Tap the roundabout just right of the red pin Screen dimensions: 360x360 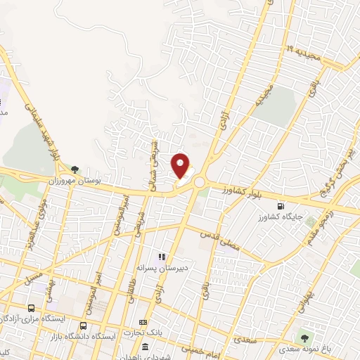click(x=199, y=182)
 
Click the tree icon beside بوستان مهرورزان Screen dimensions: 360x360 click(x=75, y=169)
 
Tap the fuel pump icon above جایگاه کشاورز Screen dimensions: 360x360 click(x=282, y=206)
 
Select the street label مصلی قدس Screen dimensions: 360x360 click(x=220, y=238)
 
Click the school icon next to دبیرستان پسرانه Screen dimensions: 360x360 click(x=161, y=257)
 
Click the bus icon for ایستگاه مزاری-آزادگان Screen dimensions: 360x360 click(x=31, y=308)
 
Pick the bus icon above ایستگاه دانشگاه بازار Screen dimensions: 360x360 click(x=84, y=326)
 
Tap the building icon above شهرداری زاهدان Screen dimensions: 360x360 click(x=145, y=346)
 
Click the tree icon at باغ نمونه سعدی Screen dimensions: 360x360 click(x=304, y=337)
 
